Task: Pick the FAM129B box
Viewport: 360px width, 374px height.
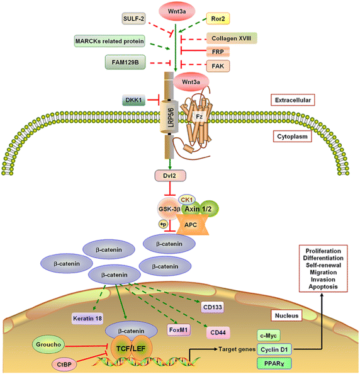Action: [x=129, y=62]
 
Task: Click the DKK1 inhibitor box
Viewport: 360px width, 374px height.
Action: [x=135, y=99]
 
